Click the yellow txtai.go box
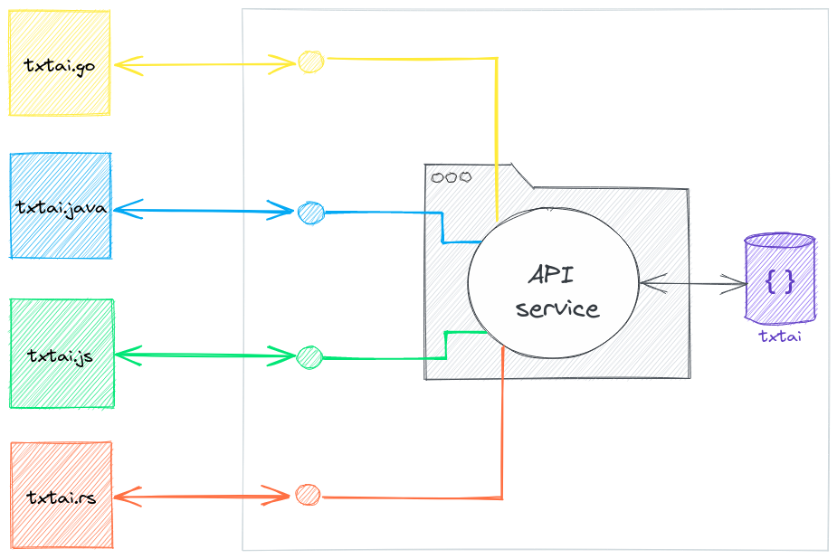coord(59,63)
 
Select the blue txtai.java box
coord(61,206)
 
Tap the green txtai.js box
coord(62,354)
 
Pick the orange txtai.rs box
coord(62,495)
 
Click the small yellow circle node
coord(310,62)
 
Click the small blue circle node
coord(310,213)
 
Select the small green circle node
coord(309,356)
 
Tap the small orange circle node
coord(308,495)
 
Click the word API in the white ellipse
coord(552,273)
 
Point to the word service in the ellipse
coord(557,308)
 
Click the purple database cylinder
coord(780,279)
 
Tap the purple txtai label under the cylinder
coord(780,336)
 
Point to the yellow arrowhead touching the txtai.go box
coord(125,64)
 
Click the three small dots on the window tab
coord(449,177)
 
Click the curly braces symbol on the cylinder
coord(780,281)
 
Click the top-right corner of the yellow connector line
coord(498,59)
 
